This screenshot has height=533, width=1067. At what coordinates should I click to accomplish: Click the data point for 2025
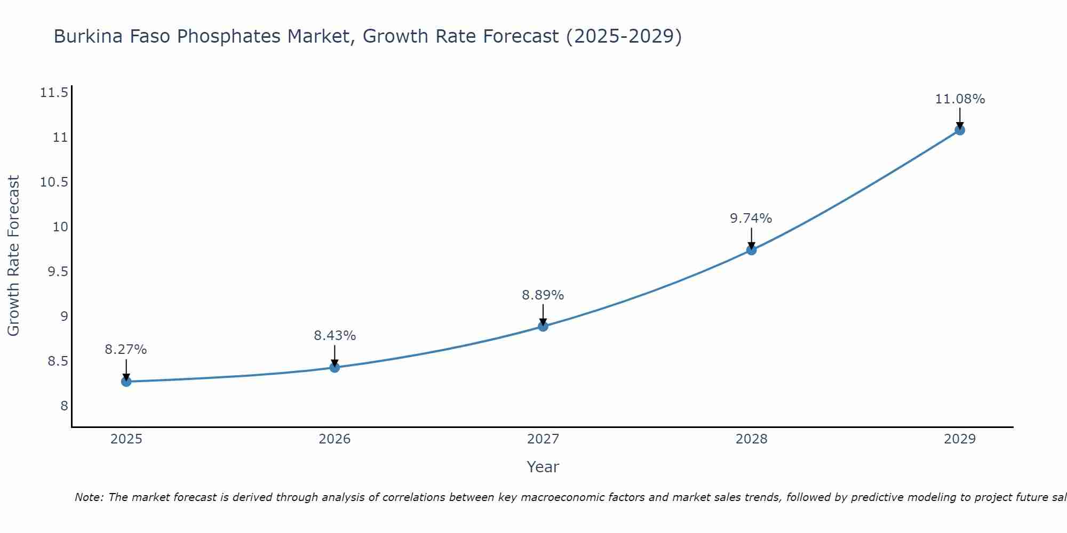(126, 382)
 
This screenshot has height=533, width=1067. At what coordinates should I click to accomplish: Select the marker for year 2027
(543, 326)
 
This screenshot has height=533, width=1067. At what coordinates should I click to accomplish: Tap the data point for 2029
(960, 130)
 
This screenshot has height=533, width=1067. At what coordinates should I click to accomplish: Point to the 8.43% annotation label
(335, 336)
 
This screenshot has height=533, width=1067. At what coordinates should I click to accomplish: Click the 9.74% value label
(751, 219)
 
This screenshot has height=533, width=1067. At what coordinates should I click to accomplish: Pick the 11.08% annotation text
(960, 99)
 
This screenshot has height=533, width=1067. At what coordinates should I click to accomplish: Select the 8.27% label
(126, 350)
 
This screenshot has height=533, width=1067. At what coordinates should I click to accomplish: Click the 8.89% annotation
(543, 295)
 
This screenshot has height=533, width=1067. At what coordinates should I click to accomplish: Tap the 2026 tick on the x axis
(335, 439)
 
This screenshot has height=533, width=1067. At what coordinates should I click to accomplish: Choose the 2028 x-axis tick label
(751, 439)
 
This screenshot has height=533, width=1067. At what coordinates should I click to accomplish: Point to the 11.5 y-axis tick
(54, 93)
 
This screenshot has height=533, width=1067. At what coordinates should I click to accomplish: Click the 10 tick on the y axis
(61, 227)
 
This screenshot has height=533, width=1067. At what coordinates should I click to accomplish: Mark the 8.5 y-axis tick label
(58, 361)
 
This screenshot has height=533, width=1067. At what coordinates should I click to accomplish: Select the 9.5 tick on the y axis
(58, 272)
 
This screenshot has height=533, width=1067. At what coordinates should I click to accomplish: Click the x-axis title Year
(543, 467)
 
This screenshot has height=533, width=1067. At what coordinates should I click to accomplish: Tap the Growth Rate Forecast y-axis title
(13, 256)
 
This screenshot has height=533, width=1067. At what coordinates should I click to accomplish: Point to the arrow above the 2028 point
(751, 238)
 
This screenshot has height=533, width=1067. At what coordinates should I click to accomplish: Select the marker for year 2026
(335, 367)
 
